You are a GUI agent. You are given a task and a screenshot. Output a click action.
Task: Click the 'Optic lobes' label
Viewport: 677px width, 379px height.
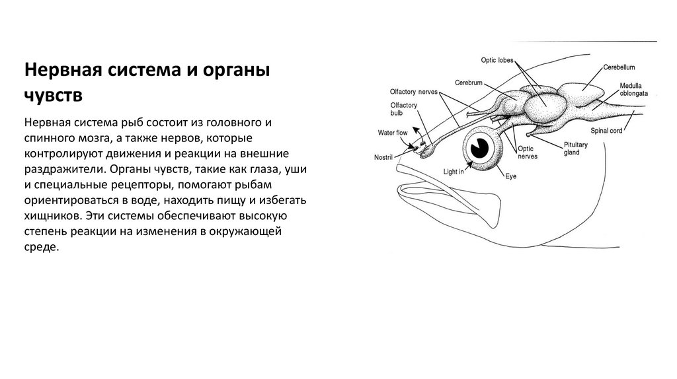(497, 61)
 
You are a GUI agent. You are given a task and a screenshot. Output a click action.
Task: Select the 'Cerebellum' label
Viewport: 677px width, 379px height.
(619, 67)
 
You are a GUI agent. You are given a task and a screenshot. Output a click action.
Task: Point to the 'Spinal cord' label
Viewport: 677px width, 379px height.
(606, 131)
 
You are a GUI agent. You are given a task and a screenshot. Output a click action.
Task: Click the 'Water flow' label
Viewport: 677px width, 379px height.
(393, 133)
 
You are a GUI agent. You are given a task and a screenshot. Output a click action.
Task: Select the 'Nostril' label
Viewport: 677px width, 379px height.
(384, 157)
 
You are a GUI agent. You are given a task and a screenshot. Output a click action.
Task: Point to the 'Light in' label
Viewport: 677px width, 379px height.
(454, 172)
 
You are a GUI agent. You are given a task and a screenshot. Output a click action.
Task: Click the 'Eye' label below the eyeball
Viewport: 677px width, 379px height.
(510, 176)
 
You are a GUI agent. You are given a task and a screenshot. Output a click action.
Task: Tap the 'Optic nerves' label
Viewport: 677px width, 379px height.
(528, 153)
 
